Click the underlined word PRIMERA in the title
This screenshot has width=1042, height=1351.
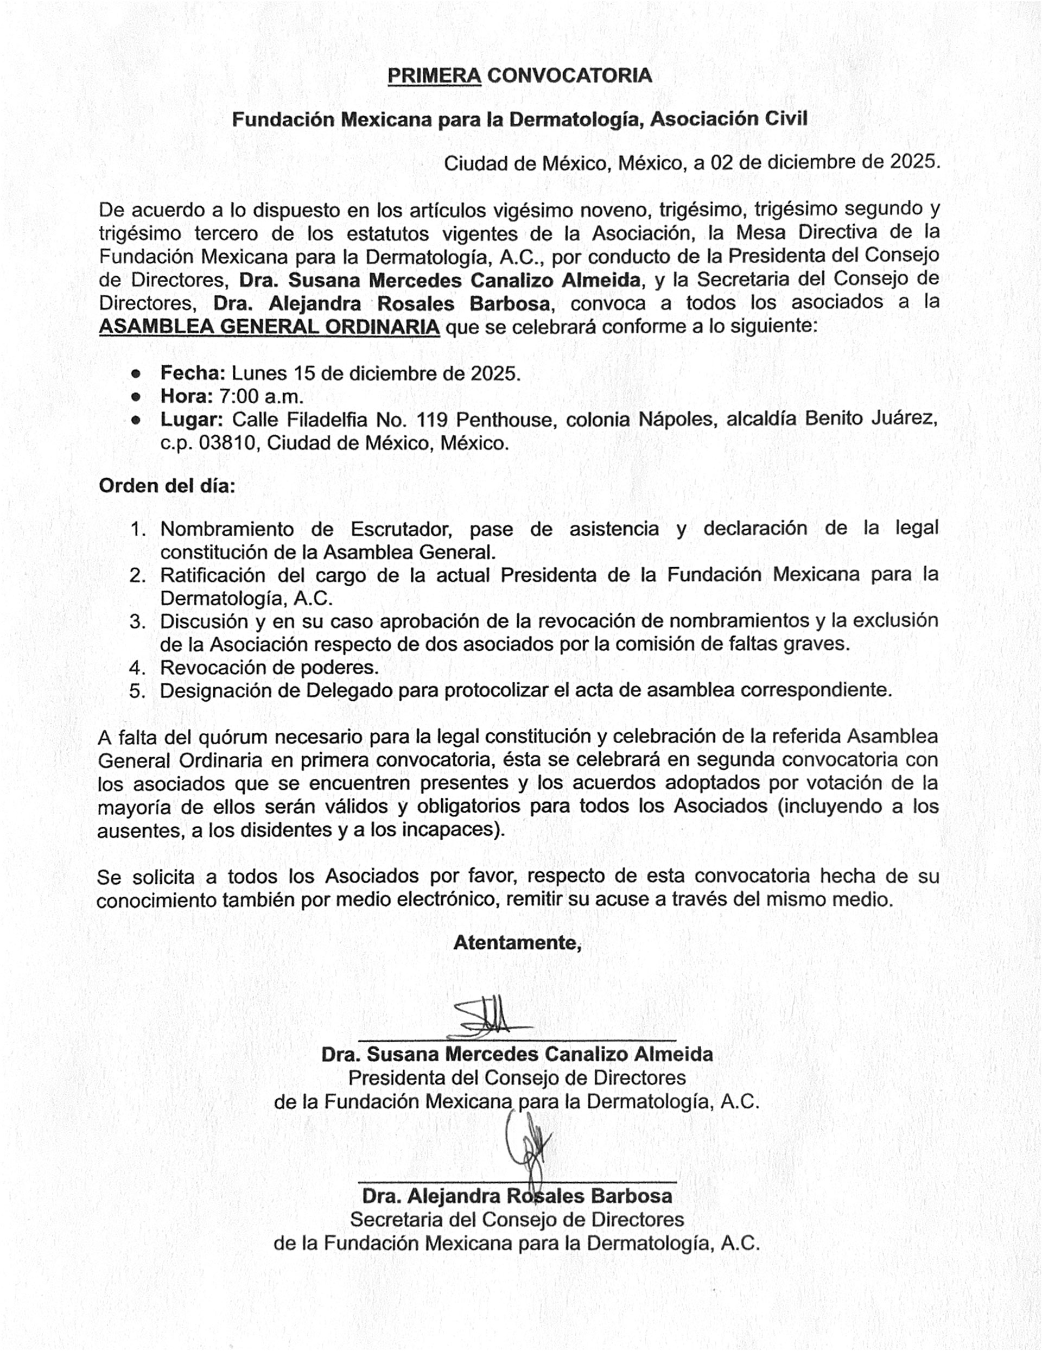pos(434,75)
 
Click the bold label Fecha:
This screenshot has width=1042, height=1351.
pos(193,373)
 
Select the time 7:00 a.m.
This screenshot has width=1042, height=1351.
pos(261,396)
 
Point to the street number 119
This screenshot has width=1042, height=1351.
pos(431,420)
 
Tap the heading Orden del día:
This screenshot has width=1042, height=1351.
pos(167,486)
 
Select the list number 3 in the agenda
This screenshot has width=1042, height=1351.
pos(137,621)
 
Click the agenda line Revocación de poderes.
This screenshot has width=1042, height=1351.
pos(269,668)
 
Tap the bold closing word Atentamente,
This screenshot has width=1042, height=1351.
pos(518,943)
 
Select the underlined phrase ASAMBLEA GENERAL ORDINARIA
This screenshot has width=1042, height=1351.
pos(269,327)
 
